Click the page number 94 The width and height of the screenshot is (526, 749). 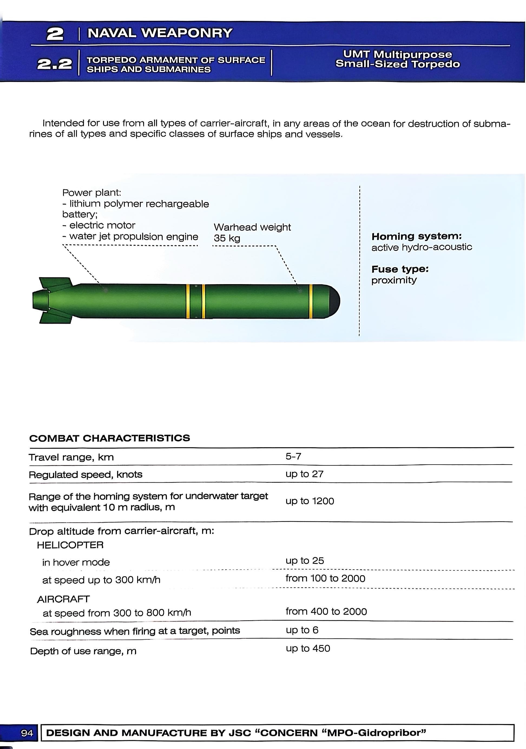point(27,733)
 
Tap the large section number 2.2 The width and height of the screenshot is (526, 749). point(54,64)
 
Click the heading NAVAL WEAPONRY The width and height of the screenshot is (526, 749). point(160,33)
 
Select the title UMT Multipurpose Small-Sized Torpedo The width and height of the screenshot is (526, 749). point(397,59)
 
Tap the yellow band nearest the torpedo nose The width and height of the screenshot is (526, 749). point(310,301)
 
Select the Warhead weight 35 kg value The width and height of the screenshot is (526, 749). point(227,238)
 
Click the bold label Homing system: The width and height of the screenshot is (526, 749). point(416,236)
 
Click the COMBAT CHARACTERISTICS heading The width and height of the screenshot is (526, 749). point(110,438)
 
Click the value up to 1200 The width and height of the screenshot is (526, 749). point(310,501)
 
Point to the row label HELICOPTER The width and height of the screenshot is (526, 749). point(70,545)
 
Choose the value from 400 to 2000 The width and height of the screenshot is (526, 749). point(326,611)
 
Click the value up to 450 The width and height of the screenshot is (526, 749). point(308,648)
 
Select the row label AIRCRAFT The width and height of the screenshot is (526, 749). point(63,599)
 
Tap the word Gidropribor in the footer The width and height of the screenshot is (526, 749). point(392,733)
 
